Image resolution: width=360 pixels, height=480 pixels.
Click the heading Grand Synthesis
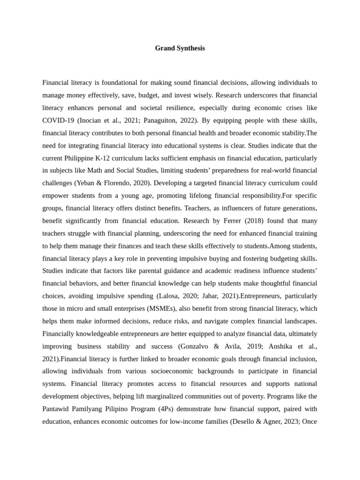point(180,48)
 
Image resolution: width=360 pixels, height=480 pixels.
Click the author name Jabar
point(208,296)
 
